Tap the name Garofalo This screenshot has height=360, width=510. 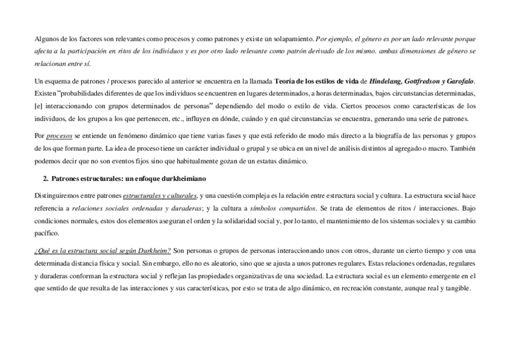pos(457,81)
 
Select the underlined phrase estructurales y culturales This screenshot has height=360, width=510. pos(160,195)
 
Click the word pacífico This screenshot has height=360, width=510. pos(47,233)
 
